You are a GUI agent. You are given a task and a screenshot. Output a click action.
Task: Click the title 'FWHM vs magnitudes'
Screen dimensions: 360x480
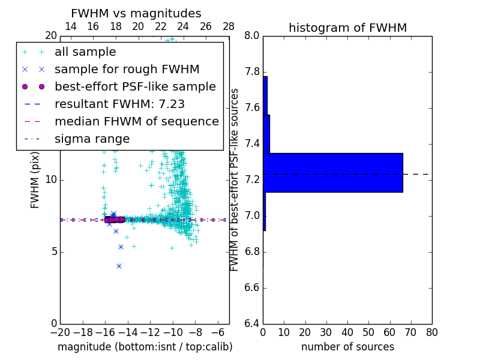tap(136, 13)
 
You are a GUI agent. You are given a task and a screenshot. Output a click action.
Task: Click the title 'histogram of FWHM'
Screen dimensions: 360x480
tap(347, 28)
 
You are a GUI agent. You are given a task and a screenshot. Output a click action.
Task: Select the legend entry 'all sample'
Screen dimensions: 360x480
tap(85, 52)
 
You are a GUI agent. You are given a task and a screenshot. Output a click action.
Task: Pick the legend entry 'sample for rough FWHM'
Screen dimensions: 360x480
tap(127, 70)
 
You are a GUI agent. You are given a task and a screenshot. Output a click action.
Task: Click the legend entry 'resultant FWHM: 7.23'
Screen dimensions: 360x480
tap(119, 104)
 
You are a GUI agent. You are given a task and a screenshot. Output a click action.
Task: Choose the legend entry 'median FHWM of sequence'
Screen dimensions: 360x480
tap(136, 121)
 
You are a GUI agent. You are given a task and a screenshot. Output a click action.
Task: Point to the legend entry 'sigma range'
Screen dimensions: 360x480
tap(92, 139)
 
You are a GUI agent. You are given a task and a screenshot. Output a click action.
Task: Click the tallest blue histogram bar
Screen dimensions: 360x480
tap(333, 172)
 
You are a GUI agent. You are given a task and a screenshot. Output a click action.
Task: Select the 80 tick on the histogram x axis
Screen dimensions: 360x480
tap(431, 332)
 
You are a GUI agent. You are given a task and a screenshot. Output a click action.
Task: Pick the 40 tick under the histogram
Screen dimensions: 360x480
tap(347, 332)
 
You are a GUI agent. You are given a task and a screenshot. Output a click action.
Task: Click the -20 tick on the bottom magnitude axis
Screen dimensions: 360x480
tap(60, 332)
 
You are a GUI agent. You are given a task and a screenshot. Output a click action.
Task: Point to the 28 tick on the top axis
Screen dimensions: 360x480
tap(229, 26)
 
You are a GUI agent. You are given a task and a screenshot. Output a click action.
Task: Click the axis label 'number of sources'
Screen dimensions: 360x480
tap(347, 347)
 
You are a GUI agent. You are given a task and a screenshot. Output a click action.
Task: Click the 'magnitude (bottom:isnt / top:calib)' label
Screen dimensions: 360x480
tap(145, 347)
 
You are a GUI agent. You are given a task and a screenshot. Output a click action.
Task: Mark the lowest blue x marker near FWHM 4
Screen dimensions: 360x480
tap(119, 266)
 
